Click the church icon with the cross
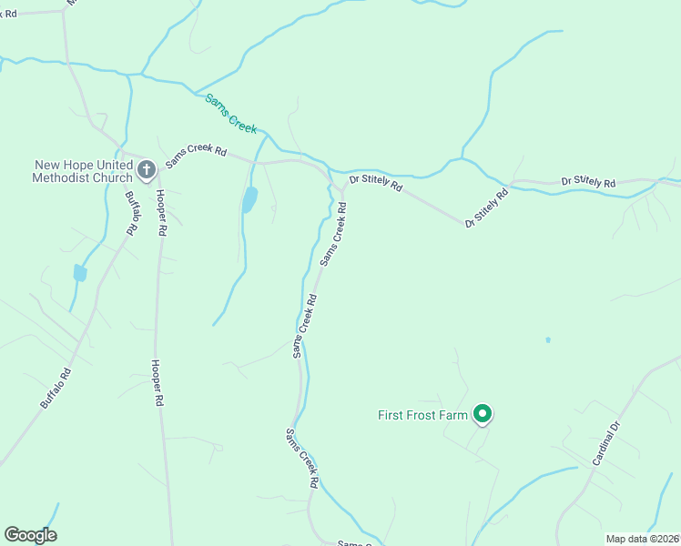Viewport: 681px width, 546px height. coord(146,168)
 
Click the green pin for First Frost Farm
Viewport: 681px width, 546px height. coord(483,415)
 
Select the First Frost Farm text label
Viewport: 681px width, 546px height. coord(422,416)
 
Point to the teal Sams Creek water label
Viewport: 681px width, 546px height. coord(231,113)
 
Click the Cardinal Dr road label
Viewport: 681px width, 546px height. coord(605,444)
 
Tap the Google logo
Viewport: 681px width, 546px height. coord(30,535)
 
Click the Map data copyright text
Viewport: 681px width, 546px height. coord(643,539)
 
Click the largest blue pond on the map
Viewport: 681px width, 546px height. coord(249,199)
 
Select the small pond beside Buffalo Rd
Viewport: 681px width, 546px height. coord(80,273)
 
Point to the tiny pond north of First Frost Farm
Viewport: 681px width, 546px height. coord(547,340)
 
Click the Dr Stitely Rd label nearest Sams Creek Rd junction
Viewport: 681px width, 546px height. coord(375,183)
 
